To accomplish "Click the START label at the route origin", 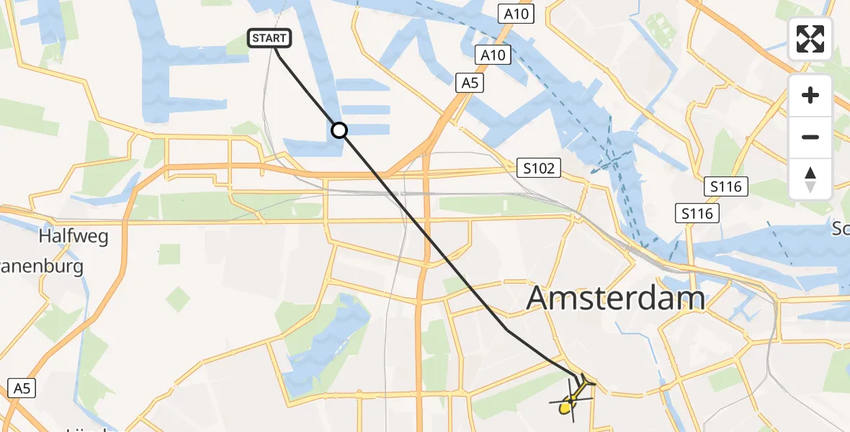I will (269, 38).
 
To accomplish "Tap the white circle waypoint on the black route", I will (339, 130).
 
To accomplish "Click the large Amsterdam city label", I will (616, 297).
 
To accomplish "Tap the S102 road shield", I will (540, 168).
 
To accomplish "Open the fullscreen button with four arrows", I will (810, 38).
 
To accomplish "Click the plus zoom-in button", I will (810, 95).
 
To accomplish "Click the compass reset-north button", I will (810, 179).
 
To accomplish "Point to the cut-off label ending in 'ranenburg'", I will (42, 266).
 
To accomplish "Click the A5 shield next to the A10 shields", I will (470, 84).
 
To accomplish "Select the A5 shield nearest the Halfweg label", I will (22, 389).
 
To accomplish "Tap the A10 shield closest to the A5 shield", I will (493, 54).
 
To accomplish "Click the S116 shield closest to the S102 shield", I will (698, 213).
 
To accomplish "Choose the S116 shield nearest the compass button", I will (727, 187).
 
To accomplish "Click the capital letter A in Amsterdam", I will (541, 298).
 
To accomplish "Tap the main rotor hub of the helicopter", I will (573, 398).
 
